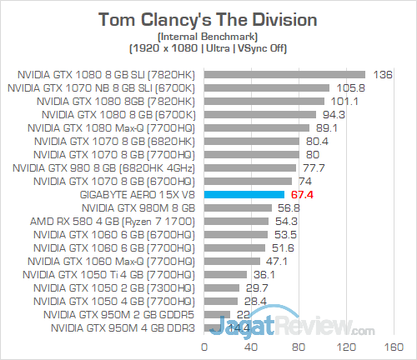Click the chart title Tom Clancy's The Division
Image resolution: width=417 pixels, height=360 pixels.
click(x=208, y=19)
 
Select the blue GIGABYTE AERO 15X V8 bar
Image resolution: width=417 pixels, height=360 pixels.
click(x=244, y=194)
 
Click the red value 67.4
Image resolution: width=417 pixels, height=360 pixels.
click(x=301, y=194)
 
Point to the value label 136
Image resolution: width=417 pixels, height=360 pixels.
click(x=383, y=74)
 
